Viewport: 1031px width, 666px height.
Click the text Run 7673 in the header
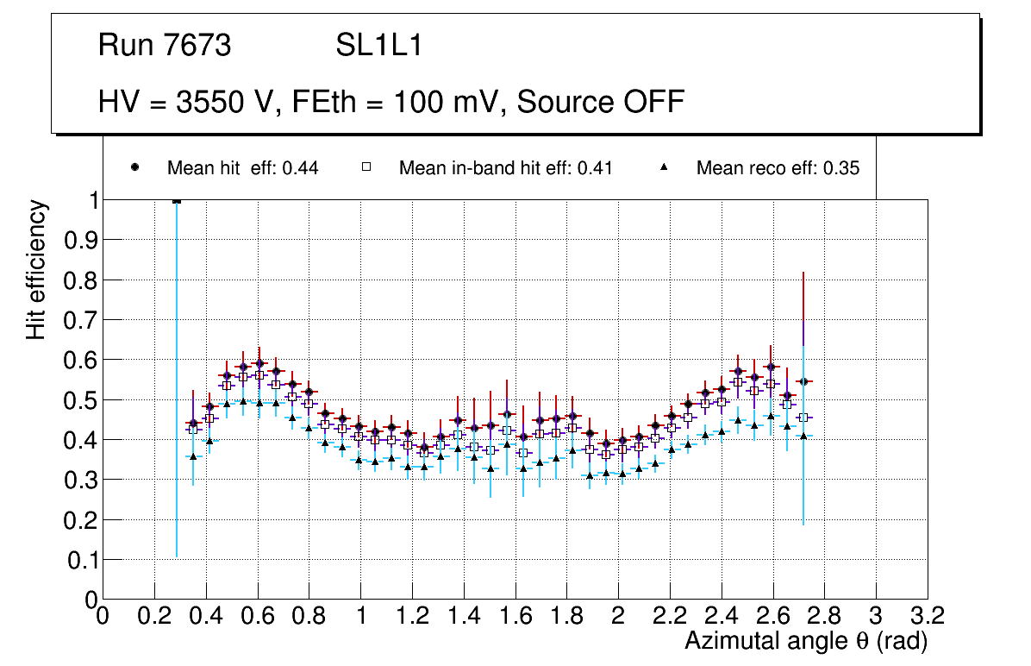[165, 46]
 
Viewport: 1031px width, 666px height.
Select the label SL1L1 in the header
[379, 46]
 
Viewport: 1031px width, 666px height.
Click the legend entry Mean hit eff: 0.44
[242, 168]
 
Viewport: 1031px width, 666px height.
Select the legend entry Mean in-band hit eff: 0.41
[505, 168]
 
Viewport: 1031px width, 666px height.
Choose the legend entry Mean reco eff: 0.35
[778, 168]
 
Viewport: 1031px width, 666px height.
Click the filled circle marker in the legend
[134, 167]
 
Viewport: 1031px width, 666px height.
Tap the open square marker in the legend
[366, 167]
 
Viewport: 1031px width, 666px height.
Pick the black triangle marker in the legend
[665, 167]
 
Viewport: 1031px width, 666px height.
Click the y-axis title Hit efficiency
[36, 269]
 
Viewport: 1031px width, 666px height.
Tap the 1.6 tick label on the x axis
[515, 616]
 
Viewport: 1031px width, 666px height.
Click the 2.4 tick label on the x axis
[721, 616]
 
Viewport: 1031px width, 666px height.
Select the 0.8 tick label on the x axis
[309, 616]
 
